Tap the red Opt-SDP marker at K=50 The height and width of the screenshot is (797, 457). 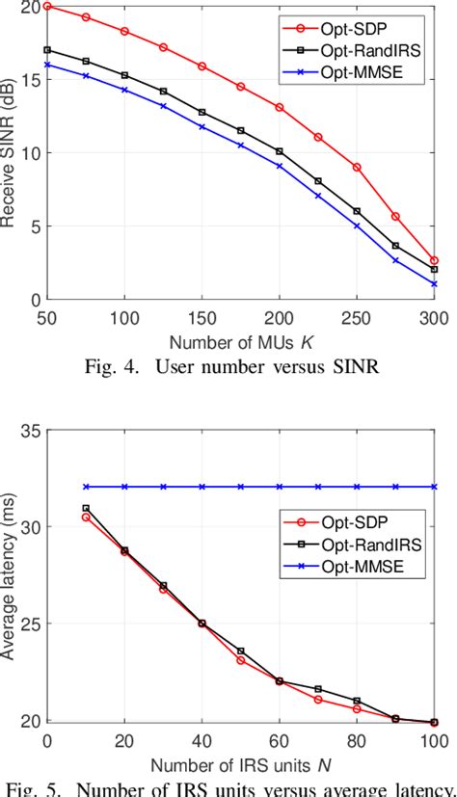[x=47, y=6]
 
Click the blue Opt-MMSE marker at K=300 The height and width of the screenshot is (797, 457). [x=434, y=284]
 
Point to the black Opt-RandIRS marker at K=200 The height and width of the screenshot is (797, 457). [x=280, y=151]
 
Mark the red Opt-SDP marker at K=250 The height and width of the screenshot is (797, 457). [x=357, y=167]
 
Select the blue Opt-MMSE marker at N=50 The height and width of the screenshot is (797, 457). [x=241, y=487]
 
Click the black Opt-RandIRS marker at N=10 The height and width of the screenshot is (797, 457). [x=86, y=508]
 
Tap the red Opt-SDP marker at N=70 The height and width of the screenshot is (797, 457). [x=318, y=700]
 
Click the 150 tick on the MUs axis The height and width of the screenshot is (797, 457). [x=202, y=319]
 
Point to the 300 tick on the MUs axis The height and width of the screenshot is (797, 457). [x=434, y=319]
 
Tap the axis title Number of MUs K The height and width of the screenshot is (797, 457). [x=240, y=341]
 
